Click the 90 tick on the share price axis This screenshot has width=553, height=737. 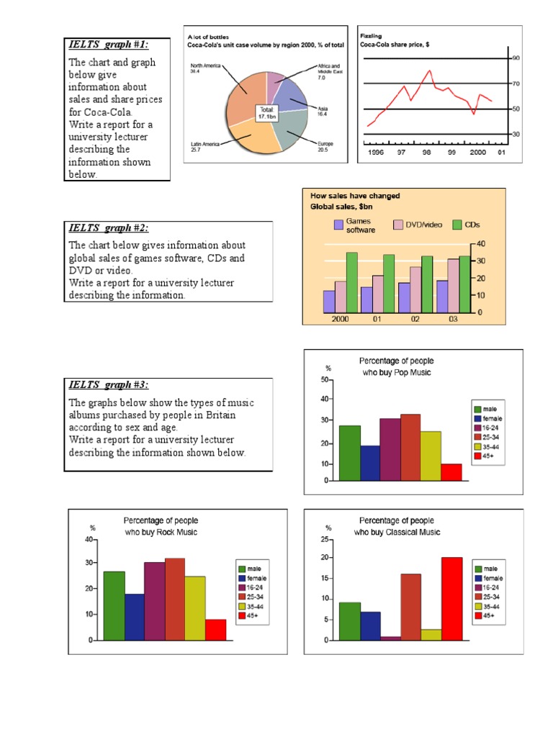coord(515,58)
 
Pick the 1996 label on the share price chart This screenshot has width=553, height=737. coord(376,153)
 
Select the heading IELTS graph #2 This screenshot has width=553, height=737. coord(108,228)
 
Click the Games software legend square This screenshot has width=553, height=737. coord(338,225)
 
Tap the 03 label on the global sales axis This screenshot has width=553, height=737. coord(453,319)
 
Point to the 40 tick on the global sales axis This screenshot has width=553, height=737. coord(481,244)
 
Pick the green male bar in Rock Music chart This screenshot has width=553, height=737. coord(114,605)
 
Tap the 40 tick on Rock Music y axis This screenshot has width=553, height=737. coord(89,539)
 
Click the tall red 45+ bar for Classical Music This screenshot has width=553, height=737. coord(452,598)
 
